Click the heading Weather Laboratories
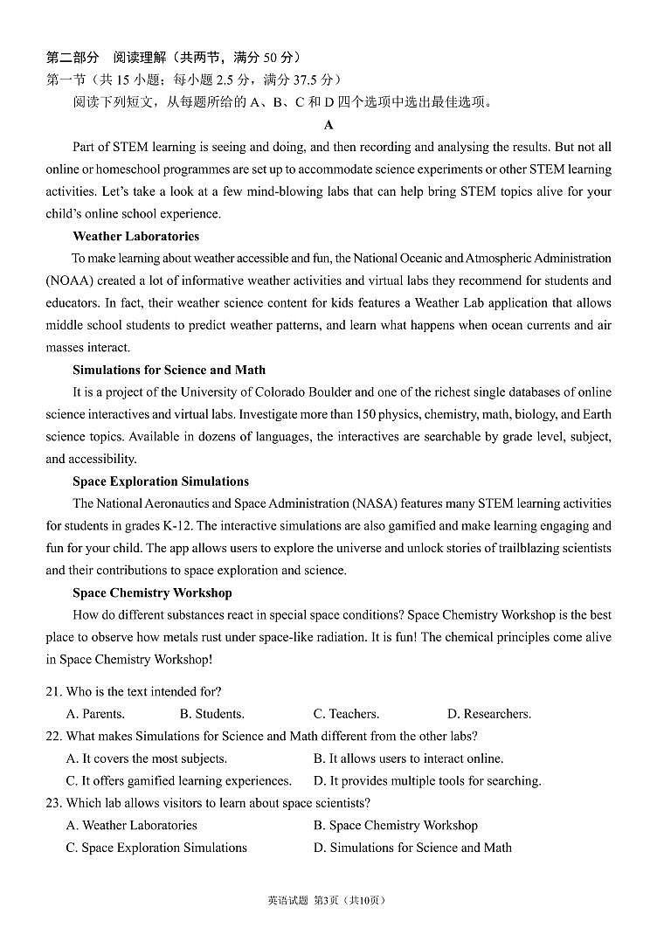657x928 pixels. pyautogui.click(x=135, y=236)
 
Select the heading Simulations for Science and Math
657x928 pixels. pyautogui.click(x=169, y=370)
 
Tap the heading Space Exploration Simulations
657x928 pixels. pyautogui.click(x=161, y=481)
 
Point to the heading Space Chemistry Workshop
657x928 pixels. pyautogui.click(x=152, y=592)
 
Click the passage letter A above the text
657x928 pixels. pyautogui.click(x=328, y=125)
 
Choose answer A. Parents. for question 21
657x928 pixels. pyautogui.click(x=95, y=714)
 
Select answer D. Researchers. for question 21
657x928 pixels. pyautogui.click(x=489, y=714)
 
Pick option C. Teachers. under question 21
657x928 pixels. pyautogui.click(x=346, y=714)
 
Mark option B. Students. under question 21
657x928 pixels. pyautogui.click(x=211, y=714)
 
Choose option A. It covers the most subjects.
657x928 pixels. pyautogui.click(x=147, y=758)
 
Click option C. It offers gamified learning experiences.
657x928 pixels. pyautogui.click(x=179, y=781)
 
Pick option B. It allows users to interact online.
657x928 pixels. pyautogui.click(x=408, y=758)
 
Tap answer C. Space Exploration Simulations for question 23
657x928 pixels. pyautogui.click(x=156, y=848)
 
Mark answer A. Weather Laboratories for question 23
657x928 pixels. pyautogui.click(x=132, y=825)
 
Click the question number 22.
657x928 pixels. pyautogui.click(x=53, y=737)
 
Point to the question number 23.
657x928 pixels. pyautogui.click(x=53, y=803)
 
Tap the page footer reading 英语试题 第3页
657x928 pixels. pyautogui.click(x=301, y=901)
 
